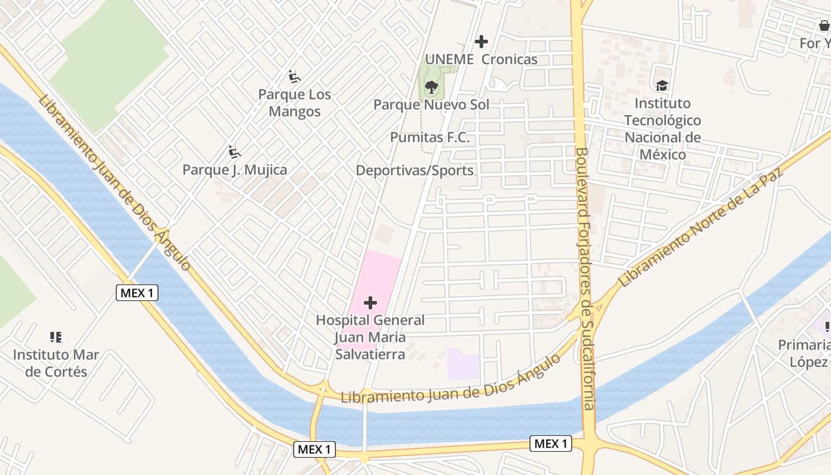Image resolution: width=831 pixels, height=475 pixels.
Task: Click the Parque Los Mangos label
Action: (294, 103)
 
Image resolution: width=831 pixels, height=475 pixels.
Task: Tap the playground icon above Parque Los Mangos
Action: (294, 77)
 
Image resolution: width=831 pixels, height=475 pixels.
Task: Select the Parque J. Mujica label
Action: (234, 170)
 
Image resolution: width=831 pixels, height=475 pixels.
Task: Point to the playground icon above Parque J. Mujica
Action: (234, 153)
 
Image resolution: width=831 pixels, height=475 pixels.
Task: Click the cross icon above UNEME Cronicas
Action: (481, 42)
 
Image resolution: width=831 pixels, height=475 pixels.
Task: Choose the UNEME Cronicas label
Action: (481, 59)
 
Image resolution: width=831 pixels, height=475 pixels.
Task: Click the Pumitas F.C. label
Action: (430, 138)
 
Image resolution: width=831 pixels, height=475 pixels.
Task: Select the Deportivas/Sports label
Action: (414, 171)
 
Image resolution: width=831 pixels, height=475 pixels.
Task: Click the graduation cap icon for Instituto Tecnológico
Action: (662, 86)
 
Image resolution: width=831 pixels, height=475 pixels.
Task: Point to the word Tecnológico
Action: (662, 121)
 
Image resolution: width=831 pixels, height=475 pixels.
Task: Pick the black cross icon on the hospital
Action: (370, 303)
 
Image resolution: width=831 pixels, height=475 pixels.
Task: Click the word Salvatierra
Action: (370, 354)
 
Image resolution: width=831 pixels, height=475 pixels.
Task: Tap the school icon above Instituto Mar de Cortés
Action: (56, 338)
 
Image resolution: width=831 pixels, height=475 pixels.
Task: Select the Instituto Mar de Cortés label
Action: (56, 363)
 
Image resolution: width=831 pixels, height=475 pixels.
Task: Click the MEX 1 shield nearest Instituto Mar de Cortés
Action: (137, 293)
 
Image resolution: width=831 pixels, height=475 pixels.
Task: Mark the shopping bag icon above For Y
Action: (824, 26)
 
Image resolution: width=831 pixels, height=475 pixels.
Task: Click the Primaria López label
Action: (807, 354)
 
